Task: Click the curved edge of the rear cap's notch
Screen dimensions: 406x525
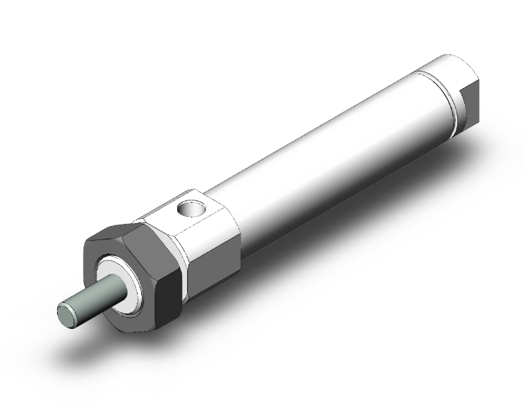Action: pos(461,92)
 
